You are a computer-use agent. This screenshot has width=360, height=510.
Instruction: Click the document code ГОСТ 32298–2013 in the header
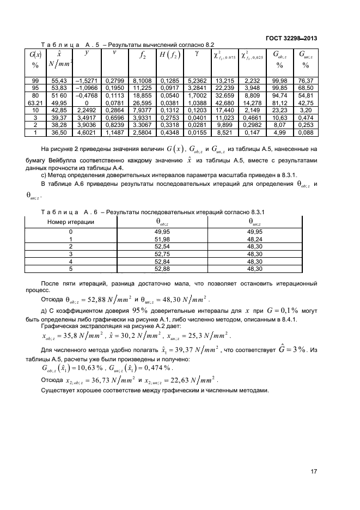point(291,38)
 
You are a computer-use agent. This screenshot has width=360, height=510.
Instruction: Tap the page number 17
point(314,472)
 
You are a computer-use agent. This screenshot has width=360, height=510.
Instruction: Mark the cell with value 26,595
point(142,102)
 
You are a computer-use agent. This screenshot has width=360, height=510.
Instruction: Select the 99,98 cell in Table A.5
point(279,80)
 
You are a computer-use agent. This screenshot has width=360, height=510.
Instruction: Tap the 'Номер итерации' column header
point(71,222)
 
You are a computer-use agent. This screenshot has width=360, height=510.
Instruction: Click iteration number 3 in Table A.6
point(71,253)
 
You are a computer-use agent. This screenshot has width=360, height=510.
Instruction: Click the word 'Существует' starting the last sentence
point(59,391)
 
